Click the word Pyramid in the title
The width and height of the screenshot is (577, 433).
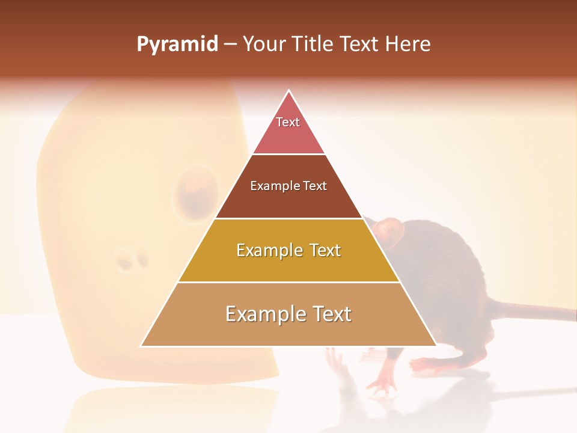[177, 45]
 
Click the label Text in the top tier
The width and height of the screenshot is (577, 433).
[288, 122]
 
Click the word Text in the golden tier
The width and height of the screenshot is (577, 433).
[322, 250]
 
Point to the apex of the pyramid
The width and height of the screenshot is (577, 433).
[289, 92]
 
